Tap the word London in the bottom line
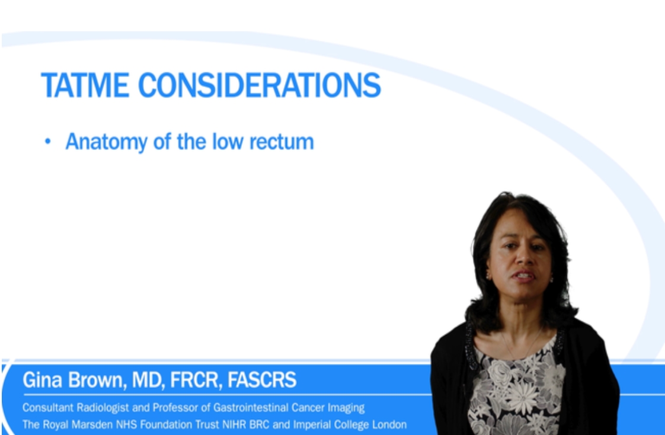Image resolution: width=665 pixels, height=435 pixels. pos(389,424)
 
